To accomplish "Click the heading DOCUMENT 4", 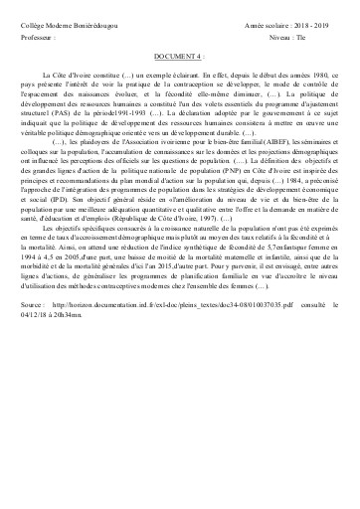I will [179, 59].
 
